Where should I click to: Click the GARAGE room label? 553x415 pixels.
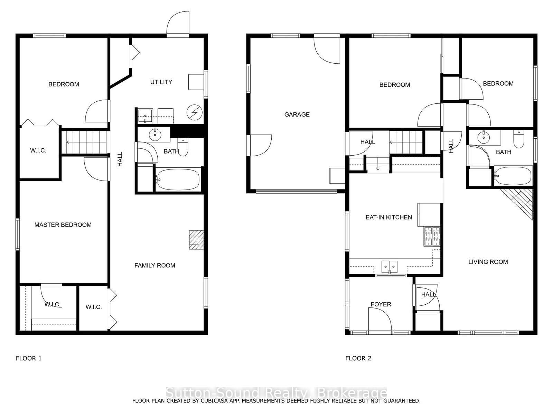[x=297, y=115]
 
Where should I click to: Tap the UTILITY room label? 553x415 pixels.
[x=161, y=82]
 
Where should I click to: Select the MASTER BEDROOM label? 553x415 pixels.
[x=63, y=225]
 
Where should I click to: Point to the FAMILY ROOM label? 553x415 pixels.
[x=155, y=265]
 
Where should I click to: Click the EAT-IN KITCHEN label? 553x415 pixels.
[x=389, y=217]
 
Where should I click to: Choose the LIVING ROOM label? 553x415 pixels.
[x=488, y=262]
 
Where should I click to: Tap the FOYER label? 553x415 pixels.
[x=381, y=304]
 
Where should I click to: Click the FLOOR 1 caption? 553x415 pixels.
[x=29, y=358]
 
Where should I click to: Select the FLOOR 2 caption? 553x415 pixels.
[x=358, y=358]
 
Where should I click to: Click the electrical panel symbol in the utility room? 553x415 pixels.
[x=195, y=112]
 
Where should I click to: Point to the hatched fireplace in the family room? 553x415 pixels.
[x=197, y=240]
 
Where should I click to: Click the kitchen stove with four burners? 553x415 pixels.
[x=432, y=236]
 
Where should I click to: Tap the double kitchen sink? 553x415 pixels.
[x=390, y=267]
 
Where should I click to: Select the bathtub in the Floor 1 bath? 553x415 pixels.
[x=178, y=179]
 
